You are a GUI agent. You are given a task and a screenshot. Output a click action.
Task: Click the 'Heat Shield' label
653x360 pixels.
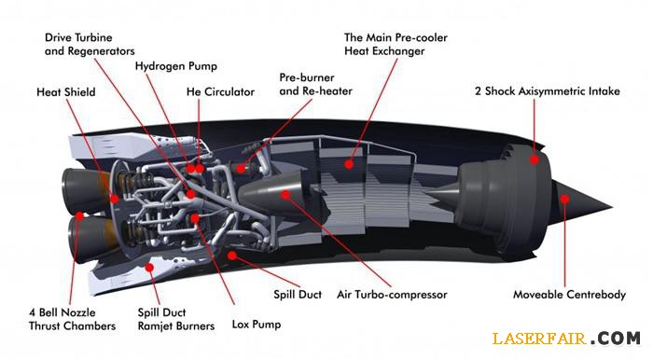pos(66,92)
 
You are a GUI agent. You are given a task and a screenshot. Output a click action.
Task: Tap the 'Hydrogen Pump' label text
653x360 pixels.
pos(175,66)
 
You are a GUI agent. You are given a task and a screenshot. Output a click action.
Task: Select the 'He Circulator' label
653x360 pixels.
pos(220,92)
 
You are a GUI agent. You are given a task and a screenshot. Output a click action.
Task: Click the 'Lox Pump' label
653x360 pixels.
pos(257,325)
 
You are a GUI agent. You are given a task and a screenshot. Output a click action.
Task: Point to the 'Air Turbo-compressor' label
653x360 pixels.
pos(392,295)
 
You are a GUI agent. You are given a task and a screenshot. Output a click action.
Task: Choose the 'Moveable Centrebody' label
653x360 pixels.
pos(569,295)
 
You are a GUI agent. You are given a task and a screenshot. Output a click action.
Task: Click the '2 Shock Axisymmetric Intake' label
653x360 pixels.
pos(548,91)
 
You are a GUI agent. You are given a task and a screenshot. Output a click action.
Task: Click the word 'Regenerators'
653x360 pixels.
pos(101,51)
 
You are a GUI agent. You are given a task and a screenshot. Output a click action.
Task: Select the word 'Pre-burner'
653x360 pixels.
pos(307,77)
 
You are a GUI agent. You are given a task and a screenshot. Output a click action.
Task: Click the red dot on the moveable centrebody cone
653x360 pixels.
pos(564,199)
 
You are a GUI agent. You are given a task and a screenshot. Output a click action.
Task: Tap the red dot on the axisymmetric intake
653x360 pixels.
pos(535,159)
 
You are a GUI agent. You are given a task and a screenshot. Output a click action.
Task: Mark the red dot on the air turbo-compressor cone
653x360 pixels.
pos(285,194)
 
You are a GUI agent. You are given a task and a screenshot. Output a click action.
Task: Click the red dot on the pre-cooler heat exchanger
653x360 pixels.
pos(349,164)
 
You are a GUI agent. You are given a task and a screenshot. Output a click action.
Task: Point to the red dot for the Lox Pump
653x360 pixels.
pos(195,218)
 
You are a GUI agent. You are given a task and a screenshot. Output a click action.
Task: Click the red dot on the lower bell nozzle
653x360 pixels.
pos(79,215)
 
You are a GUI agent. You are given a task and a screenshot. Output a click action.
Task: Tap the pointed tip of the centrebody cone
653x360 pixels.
pos(613,206)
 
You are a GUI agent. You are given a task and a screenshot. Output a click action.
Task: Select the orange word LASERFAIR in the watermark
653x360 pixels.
pos(539,338)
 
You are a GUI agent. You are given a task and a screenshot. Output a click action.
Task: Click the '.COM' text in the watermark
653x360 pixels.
pos(616,338)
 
